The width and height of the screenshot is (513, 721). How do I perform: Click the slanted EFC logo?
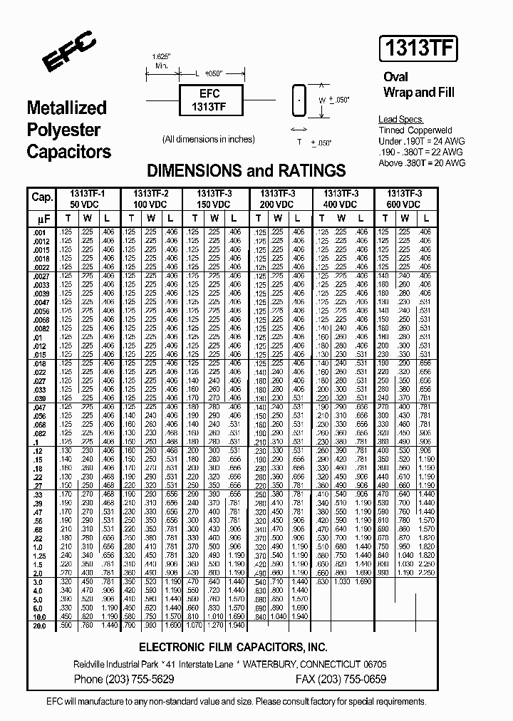[x=68, y=54]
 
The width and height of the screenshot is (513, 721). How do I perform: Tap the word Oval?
[x=395, y=77]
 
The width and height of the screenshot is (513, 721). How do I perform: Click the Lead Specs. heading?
[x=401, y=120]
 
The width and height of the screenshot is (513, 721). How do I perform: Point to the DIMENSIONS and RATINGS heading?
[x=246, y=171]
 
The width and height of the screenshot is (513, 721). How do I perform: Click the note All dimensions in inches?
[x=208, y=140]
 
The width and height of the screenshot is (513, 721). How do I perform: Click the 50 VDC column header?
[x=88, y=204]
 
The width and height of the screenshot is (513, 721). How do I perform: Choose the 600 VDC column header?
[x=404, y=204]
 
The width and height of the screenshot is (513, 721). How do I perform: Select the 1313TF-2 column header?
[x=150, y=194]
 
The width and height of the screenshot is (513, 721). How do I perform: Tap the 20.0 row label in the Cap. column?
[x=38, y=626]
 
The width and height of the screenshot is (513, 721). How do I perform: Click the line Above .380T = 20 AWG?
[x=422, y=163]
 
